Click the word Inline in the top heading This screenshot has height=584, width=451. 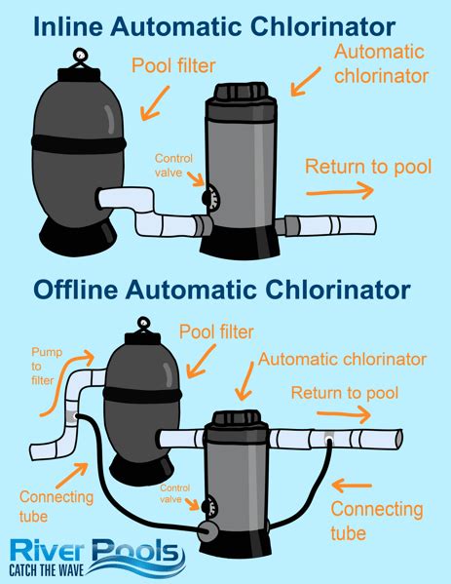click(x=66, y=26)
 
